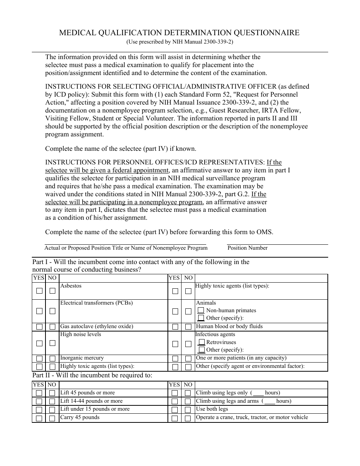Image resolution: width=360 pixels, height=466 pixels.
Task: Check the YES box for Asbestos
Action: click(x=39, y=291)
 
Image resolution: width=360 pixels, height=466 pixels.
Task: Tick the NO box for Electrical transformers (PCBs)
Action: click(x=52, y=311)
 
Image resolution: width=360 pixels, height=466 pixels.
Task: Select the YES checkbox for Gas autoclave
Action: click(x=39, y=327)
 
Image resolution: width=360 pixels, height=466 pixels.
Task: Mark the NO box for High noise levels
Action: click(x=52, y=343)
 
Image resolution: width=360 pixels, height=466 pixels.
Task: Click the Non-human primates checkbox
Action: click(x=201, y=310)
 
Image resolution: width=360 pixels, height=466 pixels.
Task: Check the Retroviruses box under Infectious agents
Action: click(x=202, y=342)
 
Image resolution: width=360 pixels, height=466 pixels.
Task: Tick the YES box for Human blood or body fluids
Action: click(x=175, y=327)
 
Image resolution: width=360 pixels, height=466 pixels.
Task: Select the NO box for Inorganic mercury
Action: click(x=52, y=359)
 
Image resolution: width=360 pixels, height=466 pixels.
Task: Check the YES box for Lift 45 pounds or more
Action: click(x=39, y=394)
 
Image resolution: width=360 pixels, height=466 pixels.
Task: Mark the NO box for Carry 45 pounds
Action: click(x=52, y=419)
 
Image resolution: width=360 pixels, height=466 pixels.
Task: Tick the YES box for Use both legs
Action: click(x=175, y=410)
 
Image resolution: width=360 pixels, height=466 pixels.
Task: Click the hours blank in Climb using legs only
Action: click(x=258, y=393)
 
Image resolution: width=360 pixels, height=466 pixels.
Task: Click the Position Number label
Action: click(x=247, y=248)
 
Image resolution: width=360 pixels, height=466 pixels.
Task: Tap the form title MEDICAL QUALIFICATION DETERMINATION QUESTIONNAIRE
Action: click(x=179, y=33)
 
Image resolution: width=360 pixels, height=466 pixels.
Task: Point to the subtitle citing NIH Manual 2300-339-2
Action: click(x=180, y=42)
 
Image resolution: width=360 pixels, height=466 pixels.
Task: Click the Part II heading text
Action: click(x=92, y=375)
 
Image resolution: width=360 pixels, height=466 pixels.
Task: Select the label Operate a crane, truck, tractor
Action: click(x=252, y=418)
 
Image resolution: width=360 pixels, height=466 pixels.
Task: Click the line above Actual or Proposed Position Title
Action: click(x=125, y=244)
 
